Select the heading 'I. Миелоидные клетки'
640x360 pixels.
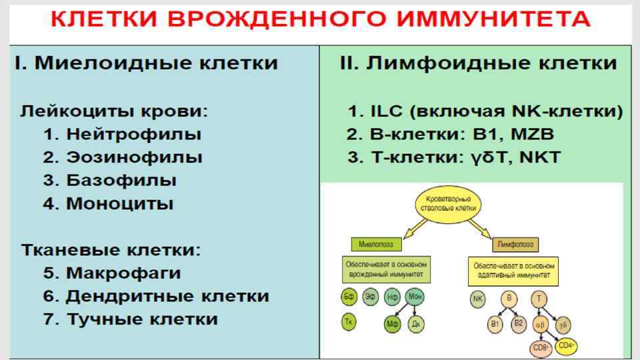[146, 63]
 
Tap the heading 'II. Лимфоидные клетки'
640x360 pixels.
[478, 63]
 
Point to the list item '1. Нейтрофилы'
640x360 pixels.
[123, 134]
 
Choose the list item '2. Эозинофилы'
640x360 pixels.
[123, 157]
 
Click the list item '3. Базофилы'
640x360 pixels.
[111, 181]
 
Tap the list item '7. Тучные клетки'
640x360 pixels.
[131, 319]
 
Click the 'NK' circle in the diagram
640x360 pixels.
[477, 299]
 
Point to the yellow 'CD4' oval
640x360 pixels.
[567, 345]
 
